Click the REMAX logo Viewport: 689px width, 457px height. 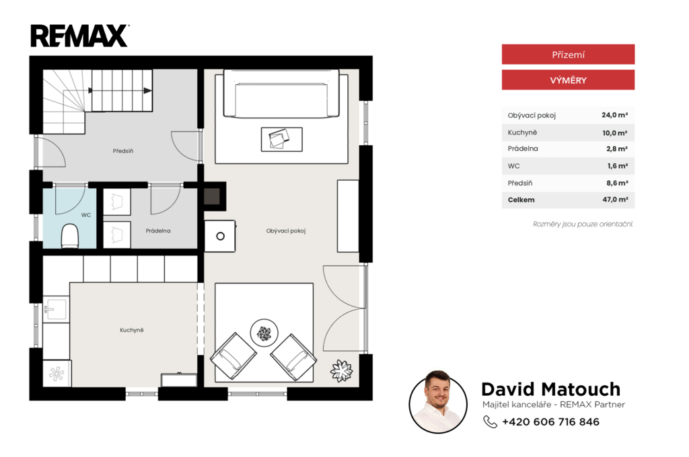79,36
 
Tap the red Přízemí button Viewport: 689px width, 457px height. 568,54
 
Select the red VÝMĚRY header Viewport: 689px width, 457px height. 568,80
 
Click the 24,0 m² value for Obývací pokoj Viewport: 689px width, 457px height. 614,115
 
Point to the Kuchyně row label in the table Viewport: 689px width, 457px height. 522,132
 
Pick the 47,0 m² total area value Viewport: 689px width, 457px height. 615,200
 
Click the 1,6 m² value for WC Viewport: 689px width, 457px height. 618,165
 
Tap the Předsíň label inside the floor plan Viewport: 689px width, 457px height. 123,151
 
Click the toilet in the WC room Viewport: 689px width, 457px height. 69,236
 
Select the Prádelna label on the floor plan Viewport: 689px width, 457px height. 158,231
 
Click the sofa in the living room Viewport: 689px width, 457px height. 281,93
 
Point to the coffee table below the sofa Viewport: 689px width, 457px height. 282,139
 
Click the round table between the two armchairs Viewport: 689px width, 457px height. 264,333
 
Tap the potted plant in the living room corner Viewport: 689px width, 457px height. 341,370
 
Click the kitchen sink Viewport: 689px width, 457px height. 55,310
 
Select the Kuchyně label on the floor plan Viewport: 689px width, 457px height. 132,330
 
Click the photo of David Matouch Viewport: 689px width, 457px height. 438,402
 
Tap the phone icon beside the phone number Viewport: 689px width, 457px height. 490,422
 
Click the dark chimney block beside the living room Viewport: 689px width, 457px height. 212,196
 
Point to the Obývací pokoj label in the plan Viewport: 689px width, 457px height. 285,231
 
